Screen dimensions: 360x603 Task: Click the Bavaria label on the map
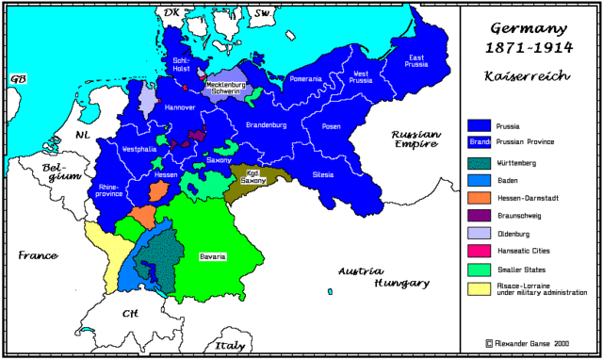tap(212, 256)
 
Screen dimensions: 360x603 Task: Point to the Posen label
tap(331, 125)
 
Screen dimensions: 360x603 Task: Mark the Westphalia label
tap(139, 149)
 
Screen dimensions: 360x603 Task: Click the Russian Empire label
tap(416, 140)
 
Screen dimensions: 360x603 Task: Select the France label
tap(37, 255)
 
